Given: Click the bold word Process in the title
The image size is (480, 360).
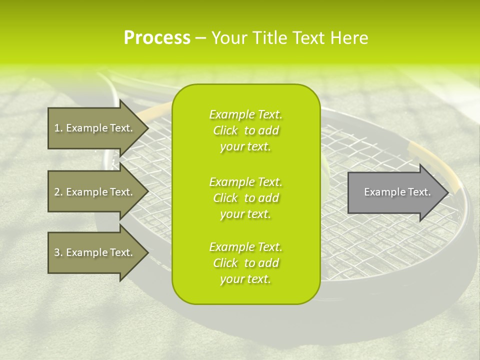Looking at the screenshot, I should tap(157, 37).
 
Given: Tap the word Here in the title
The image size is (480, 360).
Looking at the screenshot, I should tap(349, 37).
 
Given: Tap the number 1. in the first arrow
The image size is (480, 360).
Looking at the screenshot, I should tap(58, 128).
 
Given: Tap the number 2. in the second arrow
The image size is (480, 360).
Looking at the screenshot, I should tap(58, 192).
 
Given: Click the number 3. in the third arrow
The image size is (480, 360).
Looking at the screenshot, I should tap(58, 252).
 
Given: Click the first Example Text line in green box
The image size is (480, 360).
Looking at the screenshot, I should tap(245, 114).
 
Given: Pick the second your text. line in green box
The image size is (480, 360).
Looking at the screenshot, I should tap(245, 214).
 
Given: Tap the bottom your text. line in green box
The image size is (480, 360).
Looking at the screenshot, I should tap(245, 279).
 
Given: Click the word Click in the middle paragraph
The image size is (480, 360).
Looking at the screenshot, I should tap(225, 198).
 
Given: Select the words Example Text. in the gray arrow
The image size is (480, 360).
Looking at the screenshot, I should tap(397, 192).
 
